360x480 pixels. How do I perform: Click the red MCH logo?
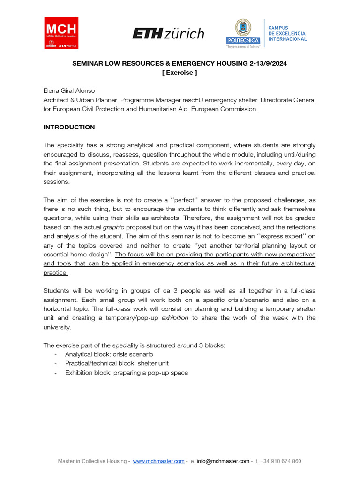61,33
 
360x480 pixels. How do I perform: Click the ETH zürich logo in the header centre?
168,33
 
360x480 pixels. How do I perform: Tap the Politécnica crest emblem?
243,29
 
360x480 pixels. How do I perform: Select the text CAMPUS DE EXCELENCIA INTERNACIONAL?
287,33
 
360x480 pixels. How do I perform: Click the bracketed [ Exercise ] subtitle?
180,73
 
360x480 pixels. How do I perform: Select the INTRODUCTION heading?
69,127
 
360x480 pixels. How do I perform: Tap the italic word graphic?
113,227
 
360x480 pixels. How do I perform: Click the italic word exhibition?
175,318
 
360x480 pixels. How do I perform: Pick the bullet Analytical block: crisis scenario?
109,354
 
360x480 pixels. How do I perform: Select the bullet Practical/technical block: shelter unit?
117,363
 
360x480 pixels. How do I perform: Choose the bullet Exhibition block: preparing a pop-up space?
127,373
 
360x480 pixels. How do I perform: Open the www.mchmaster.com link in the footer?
158,461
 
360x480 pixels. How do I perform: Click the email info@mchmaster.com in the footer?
223,461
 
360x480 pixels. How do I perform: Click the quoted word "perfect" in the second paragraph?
187,200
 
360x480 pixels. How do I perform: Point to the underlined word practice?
56,273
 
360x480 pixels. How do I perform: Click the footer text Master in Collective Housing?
92,461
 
